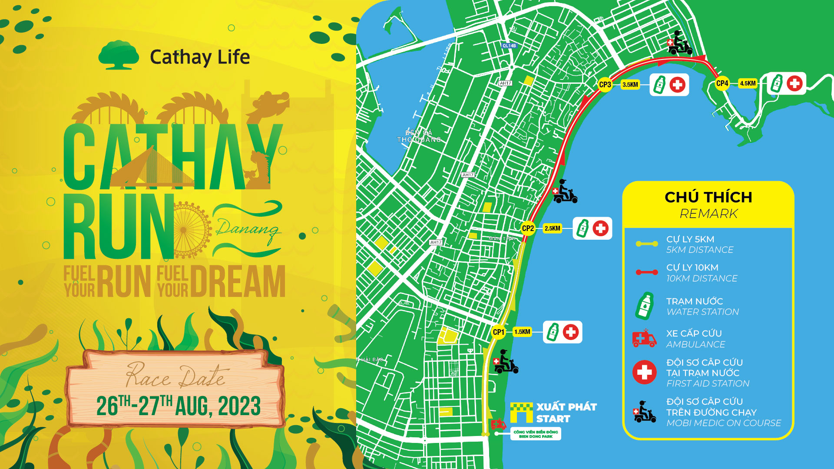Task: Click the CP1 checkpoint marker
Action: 498,332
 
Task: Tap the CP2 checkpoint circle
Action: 528,228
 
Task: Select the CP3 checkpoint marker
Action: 605,85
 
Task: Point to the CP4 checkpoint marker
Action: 722,83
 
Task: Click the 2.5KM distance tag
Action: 553,228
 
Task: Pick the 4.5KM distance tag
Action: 748,83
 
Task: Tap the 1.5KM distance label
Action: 522,332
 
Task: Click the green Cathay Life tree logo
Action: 118,55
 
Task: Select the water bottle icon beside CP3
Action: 660,85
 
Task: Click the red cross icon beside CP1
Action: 571,332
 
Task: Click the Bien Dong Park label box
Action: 536,434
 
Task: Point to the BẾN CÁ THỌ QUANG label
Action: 419,136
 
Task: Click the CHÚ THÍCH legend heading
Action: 708,198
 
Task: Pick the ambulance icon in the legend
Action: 644,338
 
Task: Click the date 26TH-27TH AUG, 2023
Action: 178,406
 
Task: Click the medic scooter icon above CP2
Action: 565,192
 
